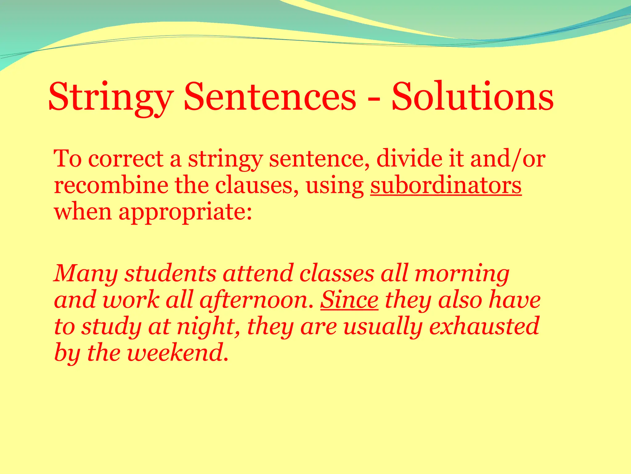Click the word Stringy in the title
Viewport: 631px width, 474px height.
(111, 97)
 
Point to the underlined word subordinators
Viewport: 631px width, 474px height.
(446, 186)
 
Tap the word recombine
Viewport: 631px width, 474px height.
(111, 186)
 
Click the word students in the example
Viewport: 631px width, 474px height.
(170, 273)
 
